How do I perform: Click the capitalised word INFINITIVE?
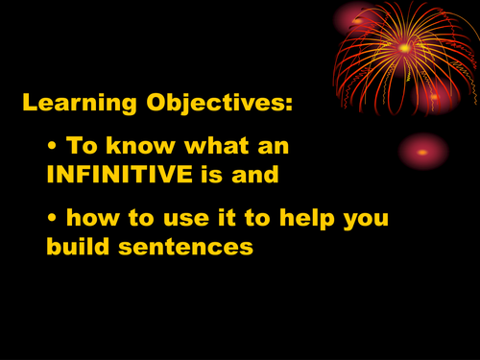point(127,175)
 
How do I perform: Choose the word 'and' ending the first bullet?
point(260,175)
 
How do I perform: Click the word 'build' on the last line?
point(78,246)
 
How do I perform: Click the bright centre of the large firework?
point(404,47)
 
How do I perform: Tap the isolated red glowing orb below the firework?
point(423,151)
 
